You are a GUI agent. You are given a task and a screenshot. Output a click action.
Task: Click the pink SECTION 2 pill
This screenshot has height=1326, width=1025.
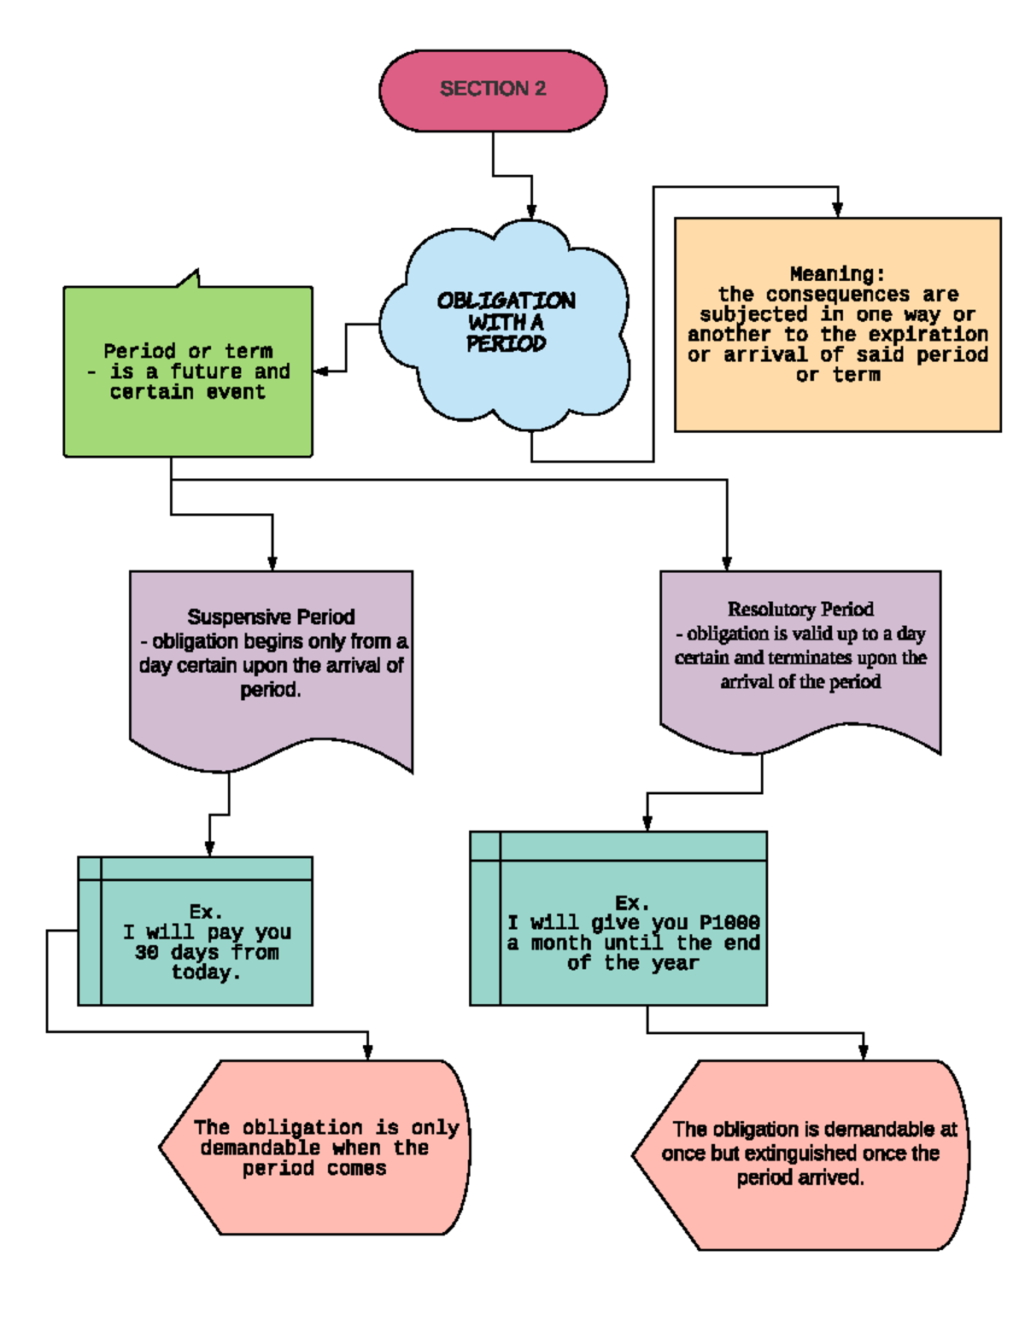point(493,90)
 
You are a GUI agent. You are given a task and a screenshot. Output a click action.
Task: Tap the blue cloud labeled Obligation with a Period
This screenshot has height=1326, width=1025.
point(506,323)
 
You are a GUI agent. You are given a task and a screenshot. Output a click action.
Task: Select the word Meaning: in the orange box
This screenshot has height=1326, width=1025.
point(837,274)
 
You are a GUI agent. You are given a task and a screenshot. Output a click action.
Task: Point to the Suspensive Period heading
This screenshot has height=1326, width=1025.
point(271,616)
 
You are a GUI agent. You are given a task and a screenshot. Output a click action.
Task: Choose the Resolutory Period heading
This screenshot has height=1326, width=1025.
point(800,609)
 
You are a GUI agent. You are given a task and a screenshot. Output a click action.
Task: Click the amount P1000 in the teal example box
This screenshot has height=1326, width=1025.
point(729,923)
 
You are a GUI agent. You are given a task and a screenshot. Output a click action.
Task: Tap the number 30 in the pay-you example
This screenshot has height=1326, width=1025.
point(146,953)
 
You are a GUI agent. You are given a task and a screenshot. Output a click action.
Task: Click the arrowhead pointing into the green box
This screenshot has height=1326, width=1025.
point(320,371)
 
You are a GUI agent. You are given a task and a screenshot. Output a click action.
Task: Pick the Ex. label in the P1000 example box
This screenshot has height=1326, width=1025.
point(632,903)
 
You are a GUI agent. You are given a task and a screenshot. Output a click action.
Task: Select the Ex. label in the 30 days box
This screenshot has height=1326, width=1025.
point(206,912)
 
